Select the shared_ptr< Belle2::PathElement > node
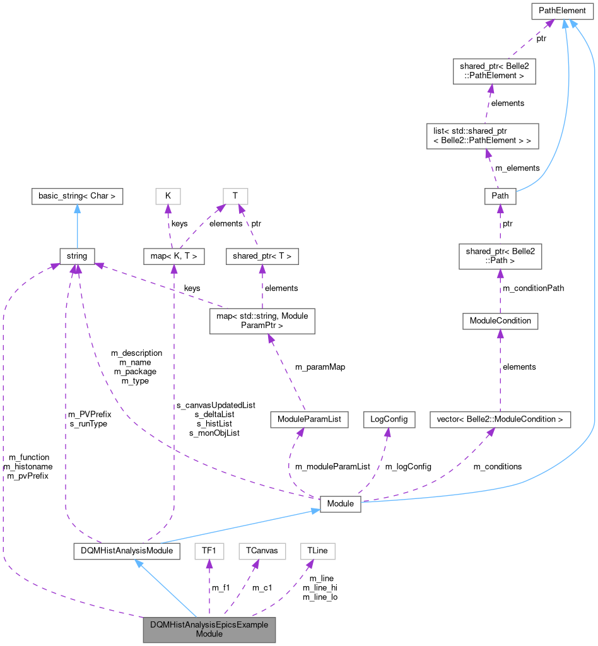[494, 71]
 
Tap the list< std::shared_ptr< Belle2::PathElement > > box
[483, 136]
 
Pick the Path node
[500, 196]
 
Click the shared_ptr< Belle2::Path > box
[500, 257]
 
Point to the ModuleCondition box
[500, 320]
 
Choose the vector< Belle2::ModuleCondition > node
[491, 419]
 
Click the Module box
[340, 504]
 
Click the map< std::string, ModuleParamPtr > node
[262, 320]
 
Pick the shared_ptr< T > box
[262, 256]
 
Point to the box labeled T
[235, 196]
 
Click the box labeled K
[168, 196]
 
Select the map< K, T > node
[173, 256]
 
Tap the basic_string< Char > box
[77, 196]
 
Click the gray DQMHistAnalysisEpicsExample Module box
[209, 629]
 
